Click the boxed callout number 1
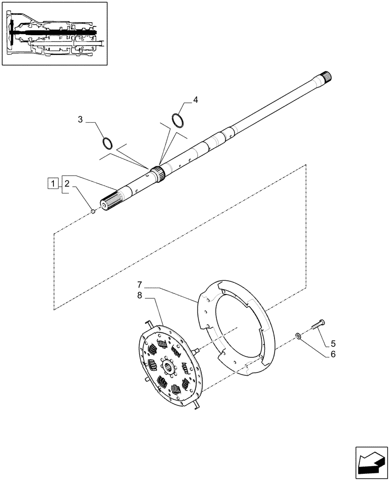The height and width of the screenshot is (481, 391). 53,183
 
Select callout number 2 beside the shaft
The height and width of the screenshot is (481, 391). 67,183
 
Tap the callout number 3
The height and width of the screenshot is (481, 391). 81,119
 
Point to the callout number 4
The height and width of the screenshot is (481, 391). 195,100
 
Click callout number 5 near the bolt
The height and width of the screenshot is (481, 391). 333,344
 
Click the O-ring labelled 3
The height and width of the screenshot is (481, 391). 108,143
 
